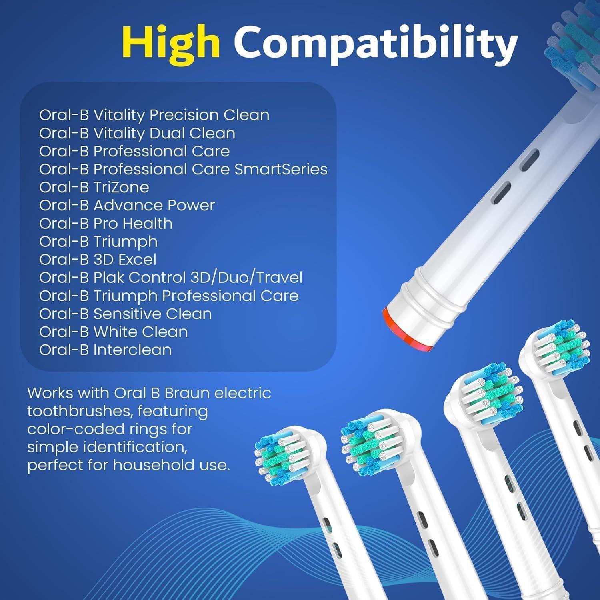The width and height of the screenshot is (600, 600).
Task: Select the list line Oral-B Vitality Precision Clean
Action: pos(154,115)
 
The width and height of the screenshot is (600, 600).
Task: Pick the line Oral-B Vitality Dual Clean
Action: pos(137,133)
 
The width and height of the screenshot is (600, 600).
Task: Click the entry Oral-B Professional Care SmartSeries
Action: pos(183,169)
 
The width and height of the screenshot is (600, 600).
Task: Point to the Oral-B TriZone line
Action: pos(94,187)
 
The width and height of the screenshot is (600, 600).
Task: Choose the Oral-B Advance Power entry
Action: pos(127,205)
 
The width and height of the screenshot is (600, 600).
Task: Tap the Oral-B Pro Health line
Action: pos(106,223)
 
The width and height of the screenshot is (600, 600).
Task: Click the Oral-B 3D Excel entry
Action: pos(98,260)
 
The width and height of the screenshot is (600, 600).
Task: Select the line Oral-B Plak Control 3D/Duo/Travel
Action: pos(170,278)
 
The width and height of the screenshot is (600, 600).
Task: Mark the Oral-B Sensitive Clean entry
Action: pos(125,314)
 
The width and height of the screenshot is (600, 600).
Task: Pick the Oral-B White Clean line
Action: pos(113,332)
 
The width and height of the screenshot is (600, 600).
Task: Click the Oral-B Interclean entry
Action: pos(105,350)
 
